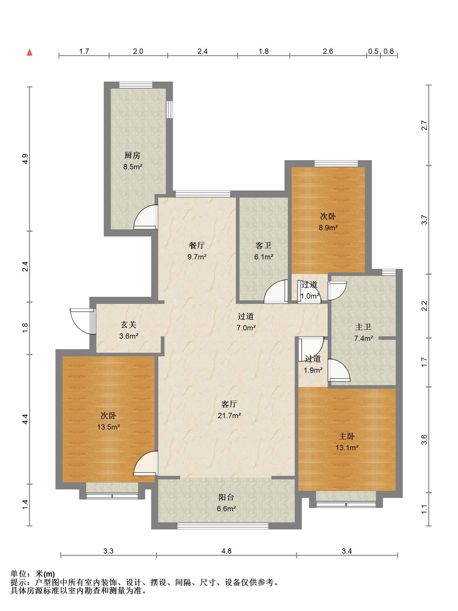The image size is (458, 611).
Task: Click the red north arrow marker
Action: pyautogui.click(x=29, y=52)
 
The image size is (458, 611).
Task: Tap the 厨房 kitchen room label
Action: pyautogui.click(x=132, y=155)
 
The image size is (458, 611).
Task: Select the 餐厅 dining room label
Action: pyautogui.click(x=197, y=245)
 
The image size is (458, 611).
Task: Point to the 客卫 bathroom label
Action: pyautogui.click(x=263, y=245)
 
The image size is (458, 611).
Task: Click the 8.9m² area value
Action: pyautogui.click(x=328, y=228)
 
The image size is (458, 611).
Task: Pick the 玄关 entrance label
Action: pyautogui.click(x=129, y=325)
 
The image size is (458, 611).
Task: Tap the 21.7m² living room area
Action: pyautogui.click(x=229, y=415)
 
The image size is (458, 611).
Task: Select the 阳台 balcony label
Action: pyautogui.click(x=226, y=497)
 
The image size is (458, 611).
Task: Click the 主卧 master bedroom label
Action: pyautogui.click(x=347, y=436)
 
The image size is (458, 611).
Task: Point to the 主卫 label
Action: pyautogui.click(x=363, y=327)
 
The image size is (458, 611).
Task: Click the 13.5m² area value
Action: pyautogui.click(x=109, y=427)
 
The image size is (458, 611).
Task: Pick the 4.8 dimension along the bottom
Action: pyautogui.click(x=227, y=551)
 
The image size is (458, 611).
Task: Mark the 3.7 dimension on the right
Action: pyautogui.click(x=424, y=220)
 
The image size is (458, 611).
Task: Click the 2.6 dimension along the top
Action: pyautogui.click(x=328, y=52)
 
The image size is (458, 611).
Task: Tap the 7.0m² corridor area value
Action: pyautogui.click(x=246, y=328)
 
